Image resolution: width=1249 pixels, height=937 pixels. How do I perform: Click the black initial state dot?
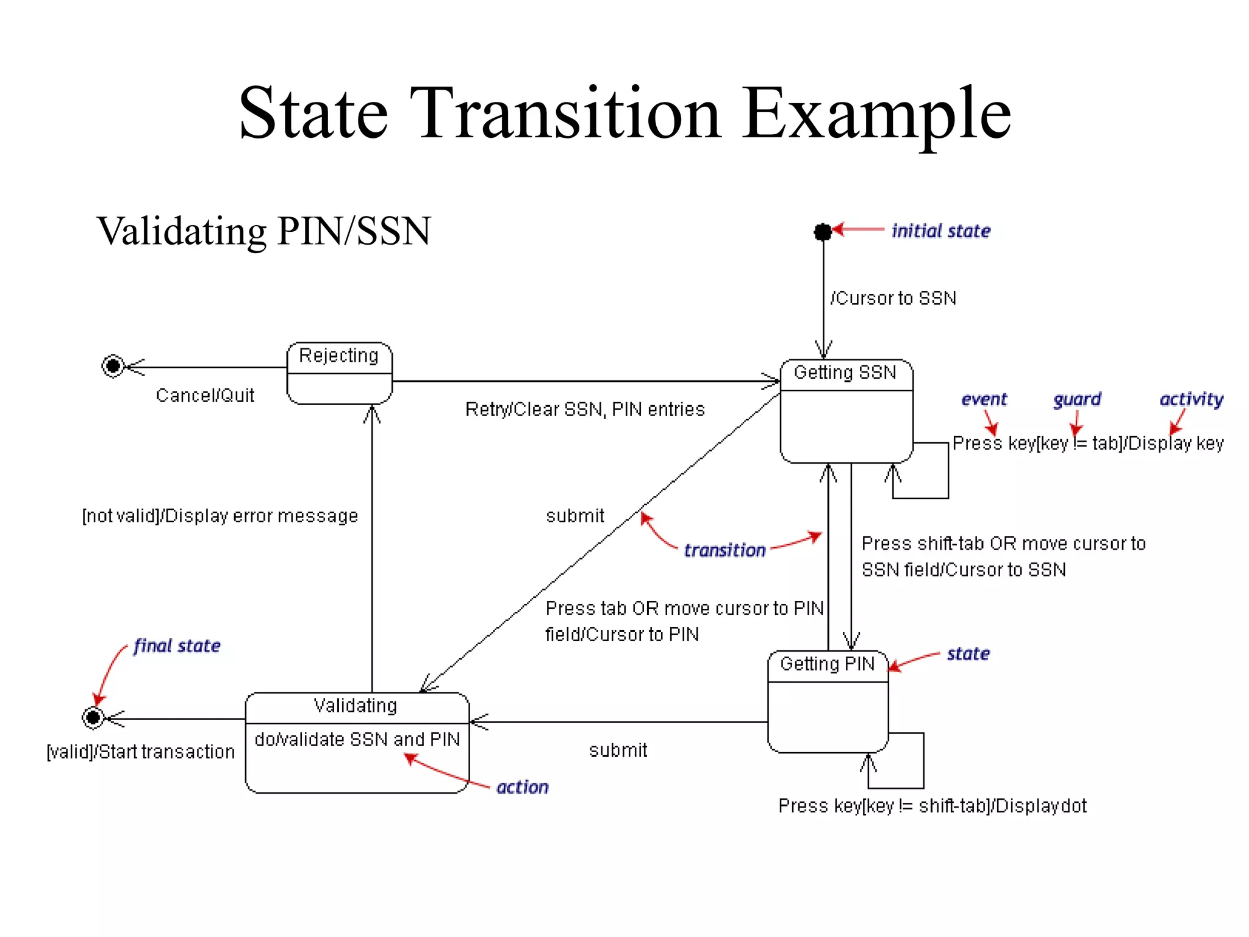pos(823,232)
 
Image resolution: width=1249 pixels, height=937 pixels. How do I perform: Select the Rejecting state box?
pos(340,373)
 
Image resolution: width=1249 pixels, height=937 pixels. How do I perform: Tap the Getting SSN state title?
pos(845,373)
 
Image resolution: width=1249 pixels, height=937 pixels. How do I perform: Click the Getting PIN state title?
pos(827,664)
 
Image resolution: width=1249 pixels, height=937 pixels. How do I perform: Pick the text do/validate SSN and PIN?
pos(357,739)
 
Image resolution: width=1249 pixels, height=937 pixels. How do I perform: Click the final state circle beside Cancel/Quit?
pos(113,366)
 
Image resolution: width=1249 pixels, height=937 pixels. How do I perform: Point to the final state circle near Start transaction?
pos(93,717)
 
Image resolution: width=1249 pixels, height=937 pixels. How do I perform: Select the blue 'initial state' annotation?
pos(940,231)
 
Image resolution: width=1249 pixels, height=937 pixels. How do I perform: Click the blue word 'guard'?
pos(1077,400)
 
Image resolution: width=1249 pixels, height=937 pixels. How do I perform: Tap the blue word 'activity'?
pos(1191,400)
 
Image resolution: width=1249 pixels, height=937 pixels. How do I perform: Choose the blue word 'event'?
pos(984,400)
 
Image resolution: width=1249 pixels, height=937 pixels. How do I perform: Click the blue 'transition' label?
pos(725,550)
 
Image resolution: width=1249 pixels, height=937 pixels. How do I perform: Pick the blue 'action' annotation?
pos(522,788)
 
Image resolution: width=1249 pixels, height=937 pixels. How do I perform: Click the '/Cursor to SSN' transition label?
pos(893,298)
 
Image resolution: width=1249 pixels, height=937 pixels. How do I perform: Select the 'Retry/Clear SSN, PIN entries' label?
pos(585,409)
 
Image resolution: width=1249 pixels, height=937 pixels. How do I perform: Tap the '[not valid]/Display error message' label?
pos(220,516)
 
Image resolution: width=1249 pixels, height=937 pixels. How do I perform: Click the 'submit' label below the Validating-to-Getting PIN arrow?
pos(618,750)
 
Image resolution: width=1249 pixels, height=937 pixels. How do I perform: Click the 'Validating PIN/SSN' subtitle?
pos(264,232)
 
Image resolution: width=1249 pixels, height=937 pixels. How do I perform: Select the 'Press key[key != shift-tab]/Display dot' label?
pos(932,806)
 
